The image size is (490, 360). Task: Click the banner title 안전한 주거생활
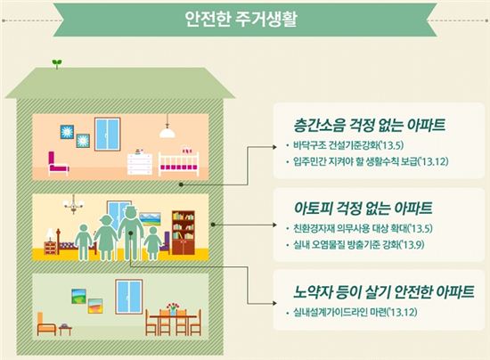pos(241,20)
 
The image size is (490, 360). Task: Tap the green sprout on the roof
pos(56,63)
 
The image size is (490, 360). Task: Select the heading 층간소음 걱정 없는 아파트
pos(370,125)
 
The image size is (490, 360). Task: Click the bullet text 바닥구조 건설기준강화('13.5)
pos(348,145)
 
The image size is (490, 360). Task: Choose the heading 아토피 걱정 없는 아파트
pos(363,208)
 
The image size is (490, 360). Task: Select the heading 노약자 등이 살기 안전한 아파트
pos(384,291)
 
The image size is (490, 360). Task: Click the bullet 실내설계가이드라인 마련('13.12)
pos(355,312)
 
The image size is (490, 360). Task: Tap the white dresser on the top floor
pos(140,162)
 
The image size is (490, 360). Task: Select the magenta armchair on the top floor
pos(58,163)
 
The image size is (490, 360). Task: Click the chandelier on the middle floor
pos(73,204)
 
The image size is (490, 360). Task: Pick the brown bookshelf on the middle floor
pos(184,233)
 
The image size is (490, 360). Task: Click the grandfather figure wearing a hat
pos(131,233)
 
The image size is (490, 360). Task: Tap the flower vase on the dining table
pos(173,309)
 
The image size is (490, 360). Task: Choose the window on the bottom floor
pos(129,297)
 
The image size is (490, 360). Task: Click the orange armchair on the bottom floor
pos(46,324)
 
